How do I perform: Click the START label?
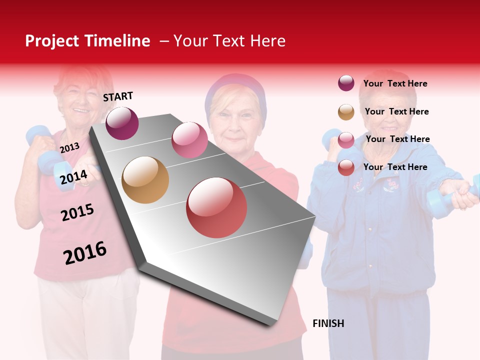(118, 96)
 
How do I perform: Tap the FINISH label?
(328, 323)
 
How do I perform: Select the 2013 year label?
(69, 147)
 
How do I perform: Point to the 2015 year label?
(77, 212)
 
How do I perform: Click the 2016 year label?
(85, 253)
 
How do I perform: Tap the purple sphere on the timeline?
(122, 123)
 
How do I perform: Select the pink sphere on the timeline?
(189, 139)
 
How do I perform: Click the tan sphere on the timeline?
(145, 180)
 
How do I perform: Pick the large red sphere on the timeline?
(216, 207)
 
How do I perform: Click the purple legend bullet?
(346, 83)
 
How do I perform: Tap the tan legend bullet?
(346, 111)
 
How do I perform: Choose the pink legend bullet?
(346, 139)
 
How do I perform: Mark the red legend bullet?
(346, 167)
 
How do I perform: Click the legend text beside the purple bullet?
(395, 83)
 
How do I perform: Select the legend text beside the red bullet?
(395, 167)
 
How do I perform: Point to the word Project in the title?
(52, 41)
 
